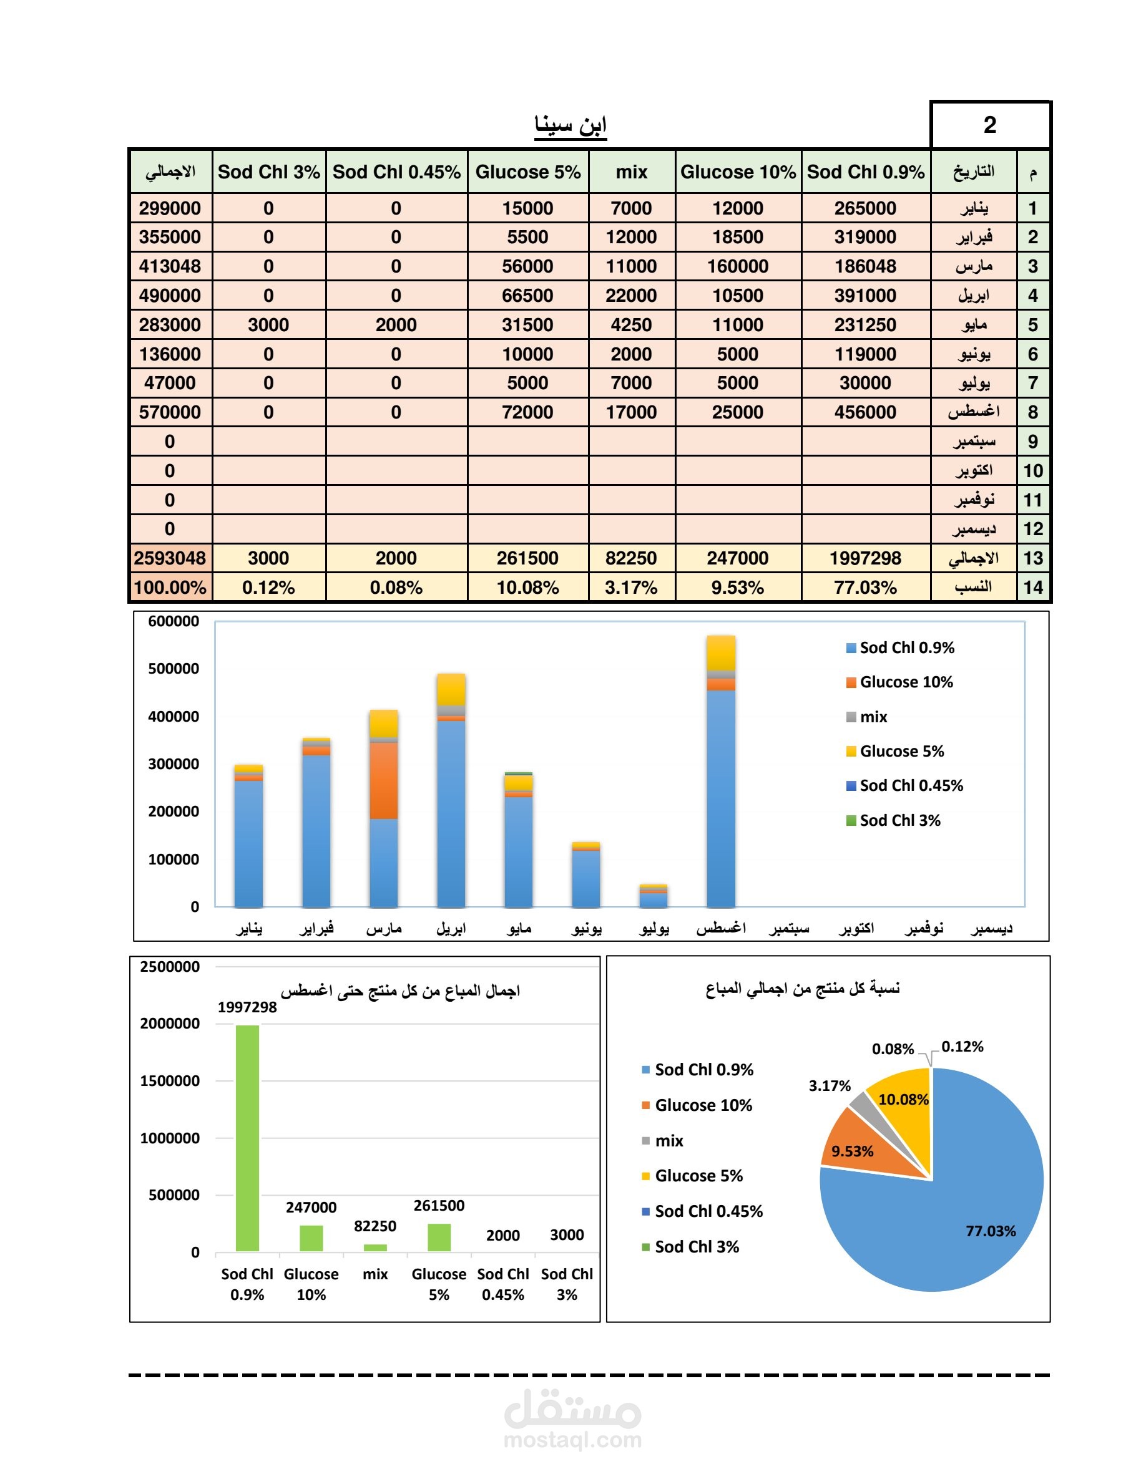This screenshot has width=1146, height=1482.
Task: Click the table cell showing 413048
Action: click(170, 266)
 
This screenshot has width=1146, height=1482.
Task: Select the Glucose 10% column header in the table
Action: click(738, 172)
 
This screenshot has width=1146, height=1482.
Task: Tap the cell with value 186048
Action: click(866, 266)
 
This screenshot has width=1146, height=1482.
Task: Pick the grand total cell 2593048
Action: click(170, 558)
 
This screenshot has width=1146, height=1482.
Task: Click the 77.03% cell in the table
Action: click(866, 587)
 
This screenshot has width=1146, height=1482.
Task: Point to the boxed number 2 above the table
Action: click(990, 125)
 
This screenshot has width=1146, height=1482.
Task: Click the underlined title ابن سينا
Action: click(571, 125)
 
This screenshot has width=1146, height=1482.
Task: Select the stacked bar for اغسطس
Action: click(721, 771)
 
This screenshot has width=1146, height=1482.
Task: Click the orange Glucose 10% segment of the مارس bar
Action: click(384, 780)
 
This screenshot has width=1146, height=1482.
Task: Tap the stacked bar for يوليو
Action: click(653, 896)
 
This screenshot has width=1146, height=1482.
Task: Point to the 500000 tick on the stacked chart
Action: click(174, 669)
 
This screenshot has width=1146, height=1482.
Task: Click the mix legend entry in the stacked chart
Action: click(867, 717)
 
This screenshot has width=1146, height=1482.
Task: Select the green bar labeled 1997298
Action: click(247, 1138)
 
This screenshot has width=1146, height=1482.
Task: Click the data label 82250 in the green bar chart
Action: click(375, 1226)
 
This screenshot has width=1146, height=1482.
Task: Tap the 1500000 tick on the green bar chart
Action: click(170, 1081)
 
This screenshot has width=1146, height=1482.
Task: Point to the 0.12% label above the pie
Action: click(962, 1047)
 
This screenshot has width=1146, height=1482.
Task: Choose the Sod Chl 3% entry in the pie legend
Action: click(690, 1246)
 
